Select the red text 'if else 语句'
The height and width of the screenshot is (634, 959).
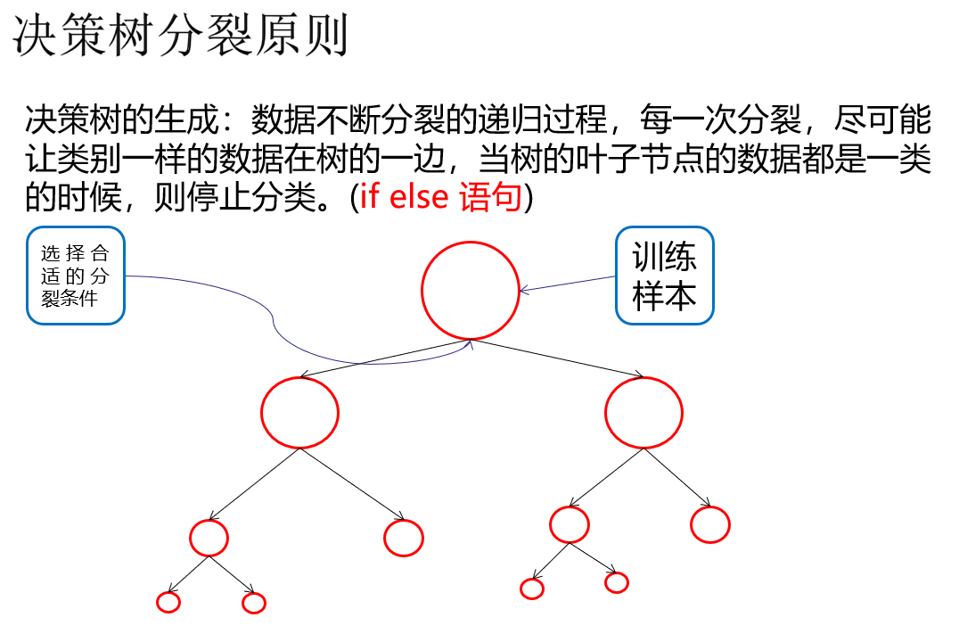(440, 197)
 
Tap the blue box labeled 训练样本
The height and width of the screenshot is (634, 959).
(665, 276)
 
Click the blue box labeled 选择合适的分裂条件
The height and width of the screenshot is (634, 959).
(76, 276)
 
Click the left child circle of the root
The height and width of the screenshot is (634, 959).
(299, 412)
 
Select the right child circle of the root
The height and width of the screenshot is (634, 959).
(643, 412)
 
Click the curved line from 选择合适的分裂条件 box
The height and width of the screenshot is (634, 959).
(272, 317)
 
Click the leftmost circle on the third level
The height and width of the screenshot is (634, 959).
(209, 537)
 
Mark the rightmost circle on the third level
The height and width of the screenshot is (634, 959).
(710, 524)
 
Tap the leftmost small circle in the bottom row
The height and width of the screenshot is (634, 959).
(168, 602)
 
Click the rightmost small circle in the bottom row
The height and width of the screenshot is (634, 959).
(617, 582)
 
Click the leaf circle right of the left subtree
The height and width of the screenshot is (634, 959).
(403, 537)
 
